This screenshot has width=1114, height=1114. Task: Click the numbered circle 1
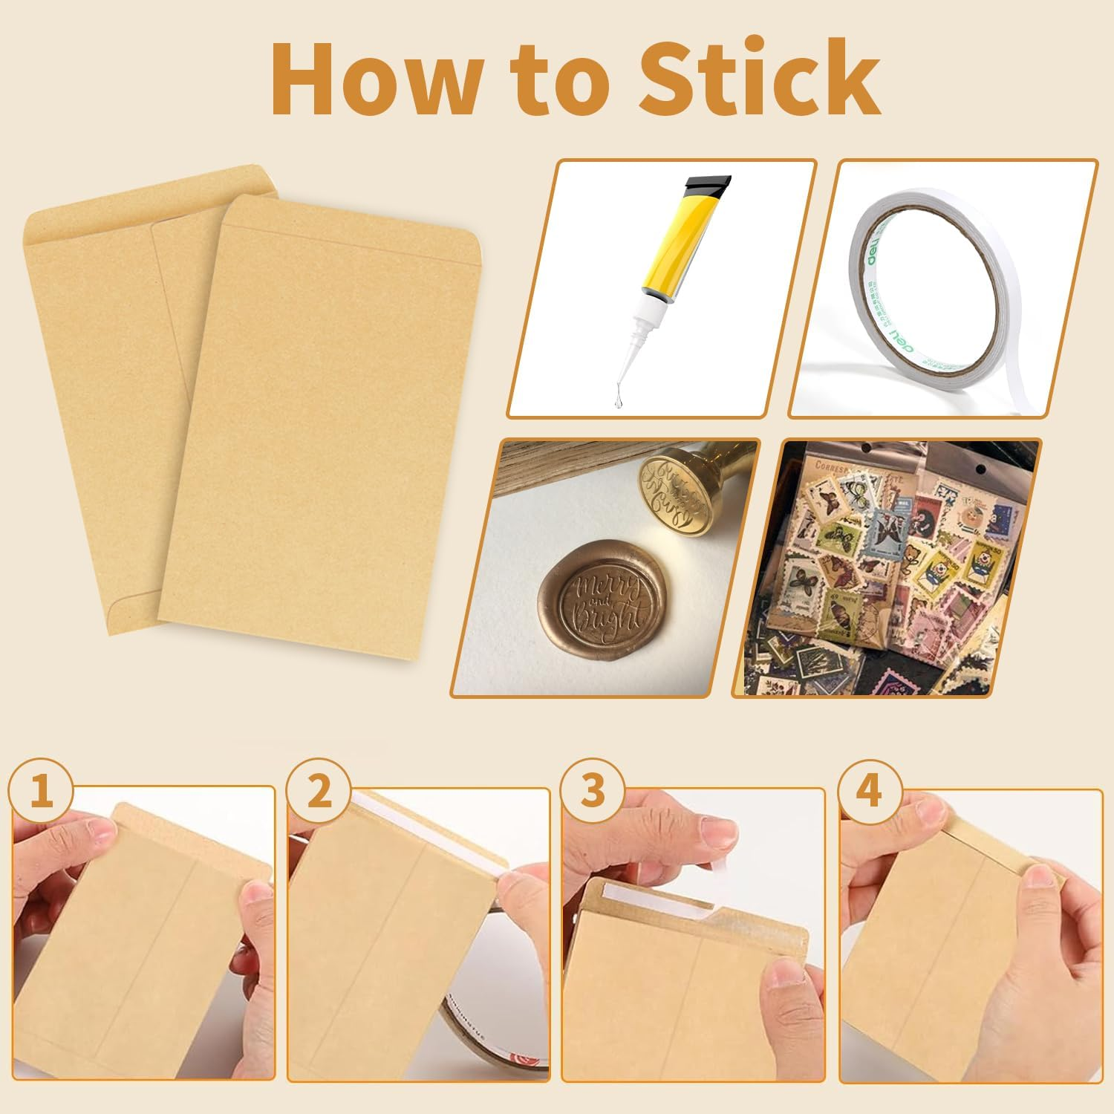pos(42,792)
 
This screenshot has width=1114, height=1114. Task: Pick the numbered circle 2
pos(319,792)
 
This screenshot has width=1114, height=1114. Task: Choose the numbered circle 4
pos(869,792)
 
